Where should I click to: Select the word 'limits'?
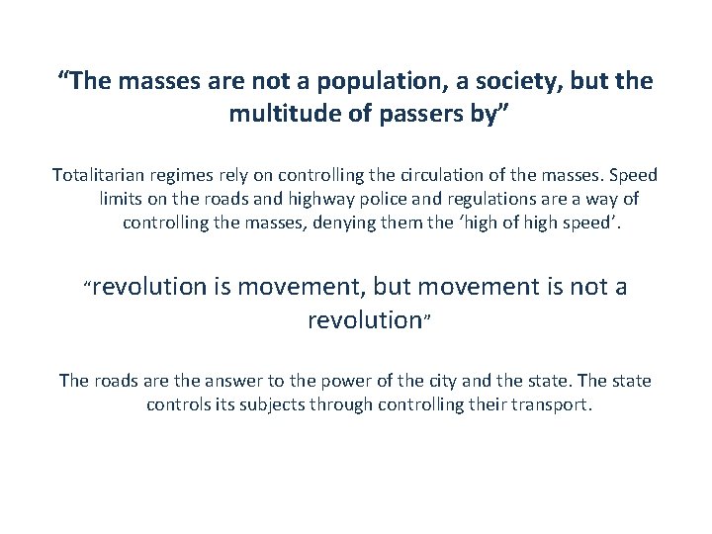point(123,199)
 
